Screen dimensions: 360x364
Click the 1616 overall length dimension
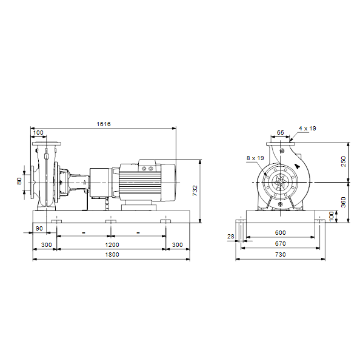point(104,124)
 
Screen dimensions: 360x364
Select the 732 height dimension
point(195,190)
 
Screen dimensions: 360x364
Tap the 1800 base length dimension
point(112,255)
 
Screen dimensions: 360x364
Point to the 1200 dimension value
point(112,245)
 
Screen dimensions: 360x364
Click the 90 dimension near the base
point(39,229)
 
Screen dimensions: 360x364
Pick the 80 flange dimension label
point(19,181)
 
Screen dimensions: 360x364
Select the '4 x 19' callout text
point(307,129)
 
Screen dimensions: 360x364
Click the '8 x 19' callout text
point(255,158)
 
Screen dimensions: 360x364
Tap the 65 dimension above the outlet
point(281,132)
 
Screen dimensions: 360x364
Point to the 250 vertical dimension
point(343,161)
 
